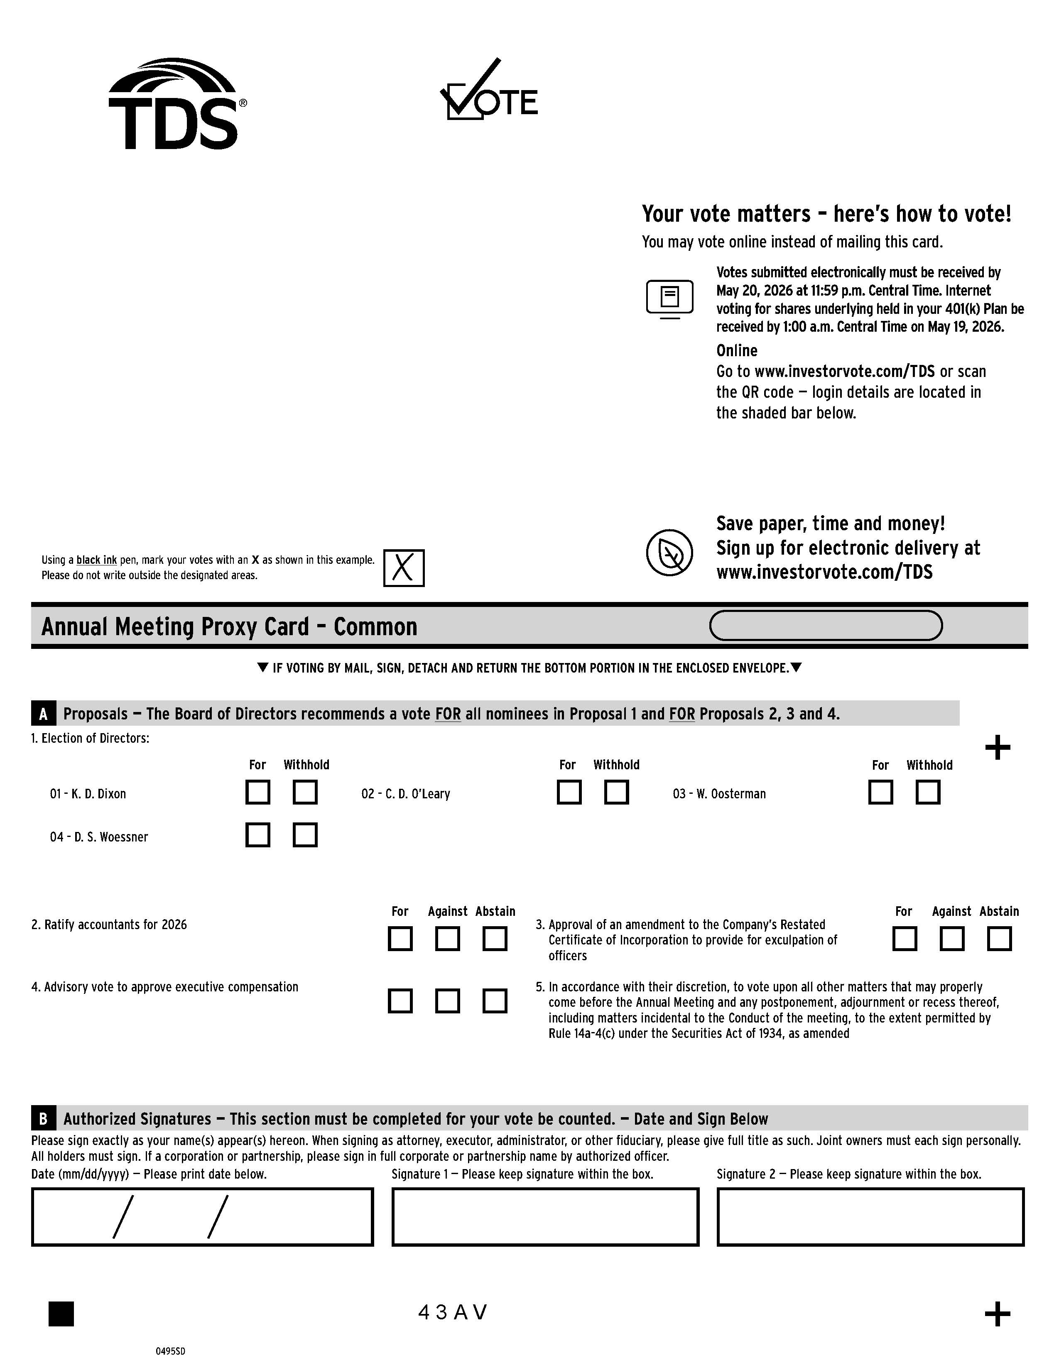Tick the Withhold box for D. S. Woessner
(x=305, y=835)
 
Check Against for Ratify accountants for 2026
(x=447, y=939)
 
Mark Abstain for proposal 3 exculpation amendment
(x=999, y=939)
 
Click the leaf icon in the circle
(x=669, y=552)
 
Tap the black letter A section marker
(x=43, y=714)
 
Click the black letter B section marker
(x=43, y=1119)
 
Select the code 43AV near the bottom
(x=452, y=1312)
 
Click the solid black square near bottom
(x=61, y=1314)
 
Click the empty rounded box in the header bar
(x=825, y=625)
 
